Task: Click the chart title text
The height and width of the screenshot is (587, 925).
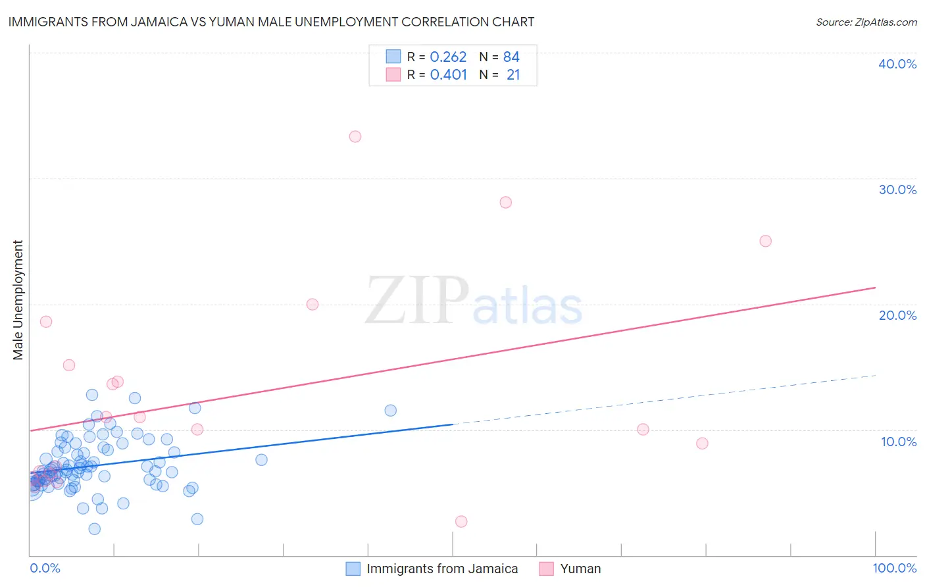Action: click(x=271, y=22)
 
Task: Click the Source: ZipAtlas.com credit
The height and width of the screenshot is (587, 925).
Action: click(x=866, y=22)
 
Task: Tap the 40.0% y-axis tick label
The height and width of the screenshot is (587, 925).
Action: click(x=897, y=64)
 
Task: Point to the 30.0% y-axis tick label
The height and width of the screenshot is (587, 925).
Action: click(x=897, y=190)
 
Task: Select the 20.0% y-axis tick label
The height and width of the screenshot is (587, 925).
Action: click(x=897, y=315)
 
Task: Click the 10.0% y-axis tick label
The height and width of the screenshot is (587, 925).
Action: click(x=899, y=442)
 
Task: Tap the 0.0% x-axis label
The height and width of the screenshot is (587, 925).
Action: click(x=45, y=568)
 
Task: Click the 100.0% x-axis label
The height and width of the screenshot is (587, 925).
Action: click(x=894, y=568)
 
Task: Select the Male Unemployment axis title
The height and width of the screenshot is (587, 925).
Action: click(x=18, y=300)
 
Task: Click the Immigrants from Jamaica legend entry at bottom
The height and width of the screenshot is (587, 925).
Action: click(x=441, y=569)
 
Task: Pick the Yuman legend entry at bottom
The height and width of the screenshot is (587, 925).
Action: click(x=580, y=569)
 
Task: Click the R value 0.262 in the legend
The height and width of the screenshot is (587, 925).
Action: click(x=448, y=57)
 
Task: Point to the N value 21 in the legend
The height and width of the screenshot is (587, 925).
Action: click(x=513, y=75)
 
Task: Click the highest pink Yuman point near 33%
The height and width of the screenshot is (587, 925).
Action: click(x=355, y=137)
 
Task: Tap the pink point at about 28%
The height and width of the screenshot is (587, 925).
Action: click(x=505, y=202)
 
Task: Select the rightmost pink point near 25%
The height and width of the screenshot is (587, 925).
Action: click(x=765, y=241)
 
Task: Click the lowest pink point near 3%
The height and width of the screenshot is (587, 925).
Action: click(x=461, y=521)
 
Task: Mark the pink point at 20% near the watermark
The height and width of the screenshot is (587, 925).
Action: click(x=312, y=304)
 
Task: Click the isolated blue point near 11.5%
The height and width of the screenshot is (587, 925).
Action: click(x=390, y=411)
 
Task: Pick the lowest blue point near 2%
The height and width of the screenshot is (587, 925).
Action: click(x=94, y=529)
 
